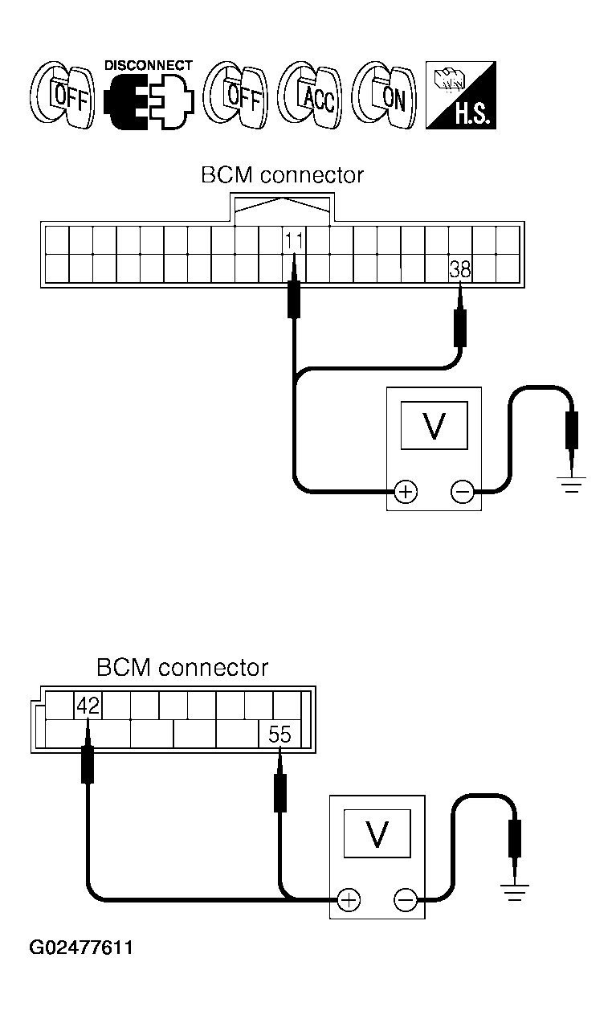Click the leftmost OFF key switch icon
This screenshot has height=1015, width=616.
[x=62, y=96]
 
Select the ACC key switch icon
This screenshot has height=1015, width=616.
[x=310, y=96]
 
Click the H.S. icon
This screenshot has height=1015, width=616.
[x=460, y=96]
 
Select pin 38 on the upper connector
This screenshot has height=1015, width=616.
[x=460, y=269]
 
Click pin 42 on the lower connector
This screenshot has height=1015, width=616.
[x=88, y=706]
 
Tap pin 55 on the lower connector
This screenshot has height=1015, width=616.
[x=279, y=733]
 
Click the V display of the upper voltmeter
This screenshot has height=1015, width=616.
[x=434, y=425]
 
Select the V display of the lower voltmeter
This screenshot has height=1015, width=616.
[x=376, y=835]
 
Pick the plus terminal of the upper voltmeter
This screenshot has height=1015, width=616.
[x=406, y=490]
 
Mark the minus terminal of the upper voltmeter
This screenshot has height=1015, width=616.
[x=462, y=490]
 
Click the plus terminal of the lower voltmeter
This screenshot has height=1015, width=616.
[x=348, y=900]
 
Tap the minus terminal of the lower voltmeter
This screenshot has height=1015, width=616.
[x=405, y=900]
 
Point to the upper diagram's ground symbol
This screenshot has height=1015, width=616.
[x=571, y=484]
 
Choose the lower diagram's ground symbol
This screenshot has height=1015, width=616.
[x=514, y=892]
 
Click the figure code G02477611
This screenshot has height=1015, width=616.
[x=82, y=947]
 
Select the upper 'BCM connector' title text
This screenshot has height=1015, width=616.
[x=282, y=175]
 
